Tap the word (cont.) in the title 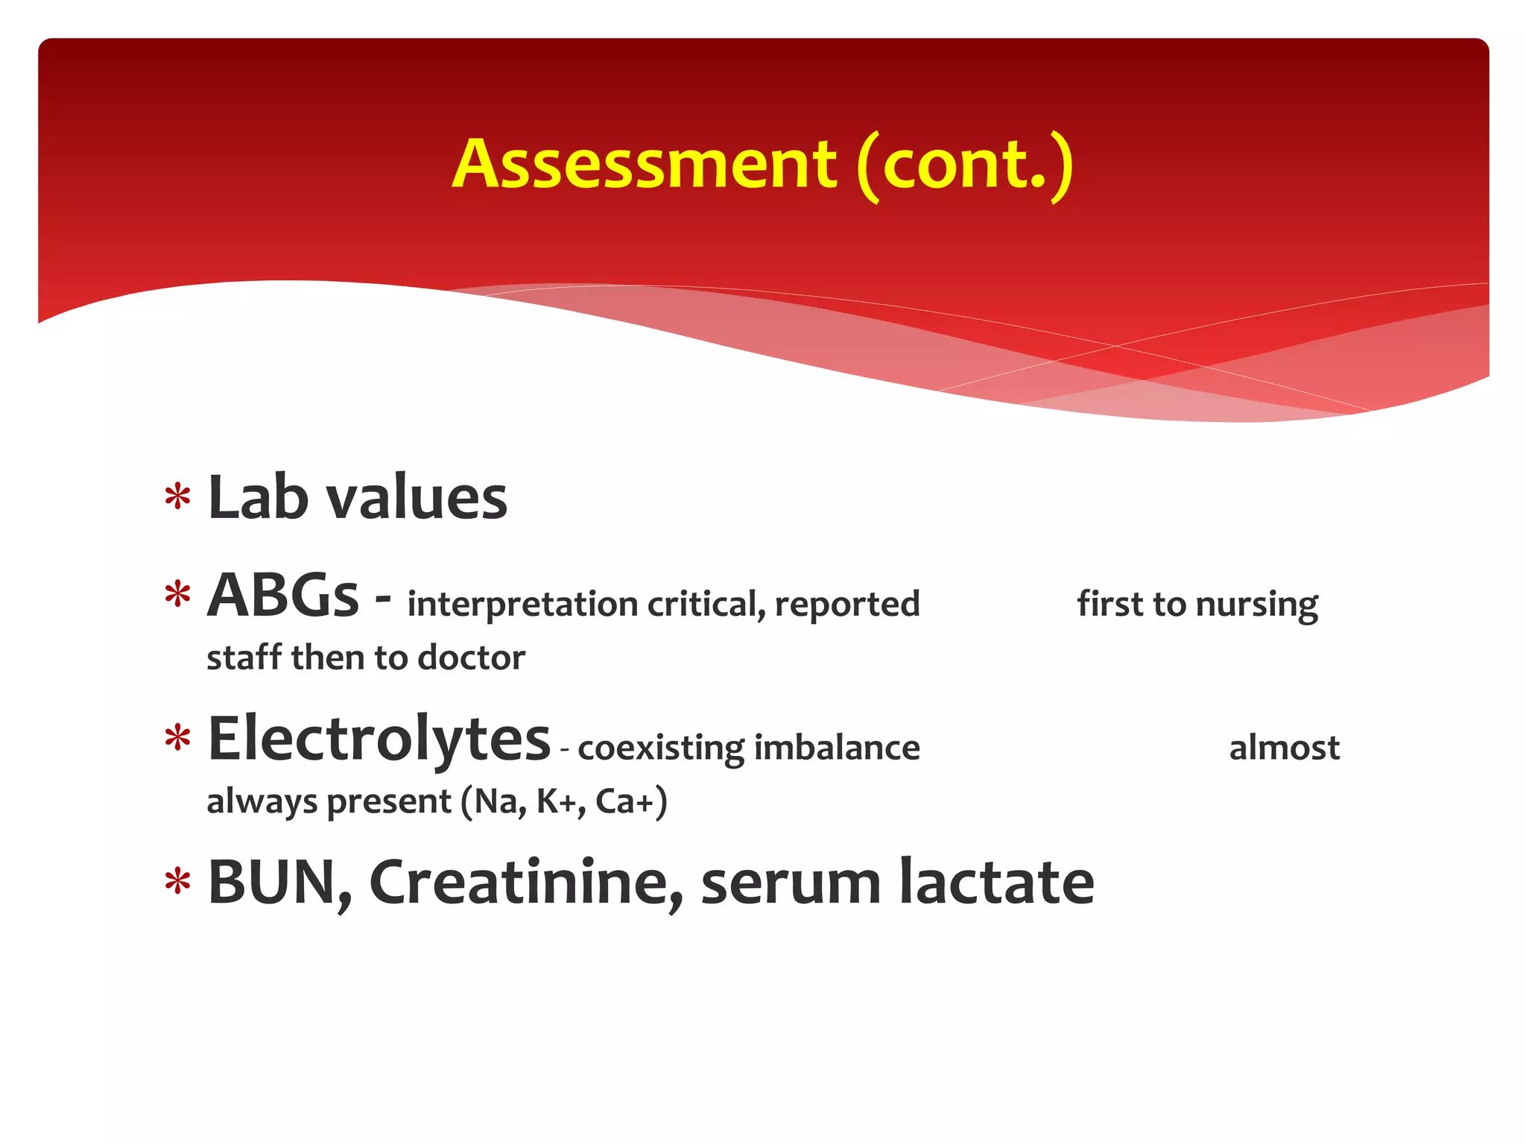pyautogui.click(x=965, y=165)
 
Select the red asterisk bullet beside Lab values pyautogui.click(x=178, y=496)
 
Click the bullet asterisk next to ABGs pyautogui.click(x=178, y=596)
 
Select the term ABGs pyautogui.click(x=283, y=596)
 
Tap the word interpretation pyautogui.click(x=523, y=604)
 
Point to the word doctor pyautogui.click(x=472, y=657)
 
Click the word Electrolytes pyautogui.click(x=379, y=739)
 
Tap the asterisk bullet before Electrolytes pyautogui.click(x=178, y=739)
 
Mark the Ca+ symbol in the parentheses pyautogui.click(x=624, y=802)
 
